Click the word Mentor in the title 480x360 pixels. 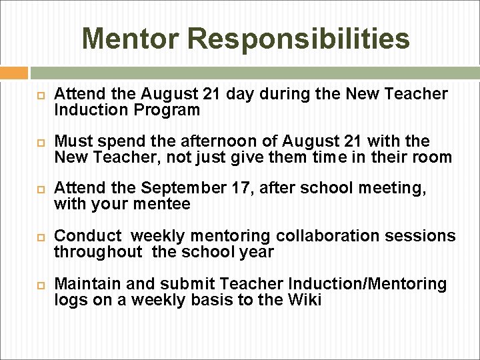132,39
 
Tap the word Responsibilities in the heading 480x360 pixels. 300,39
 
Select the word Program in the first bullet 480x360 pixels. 171,110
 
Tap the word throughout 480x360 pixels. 98,252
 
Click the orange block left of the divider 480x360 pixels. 14,73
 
